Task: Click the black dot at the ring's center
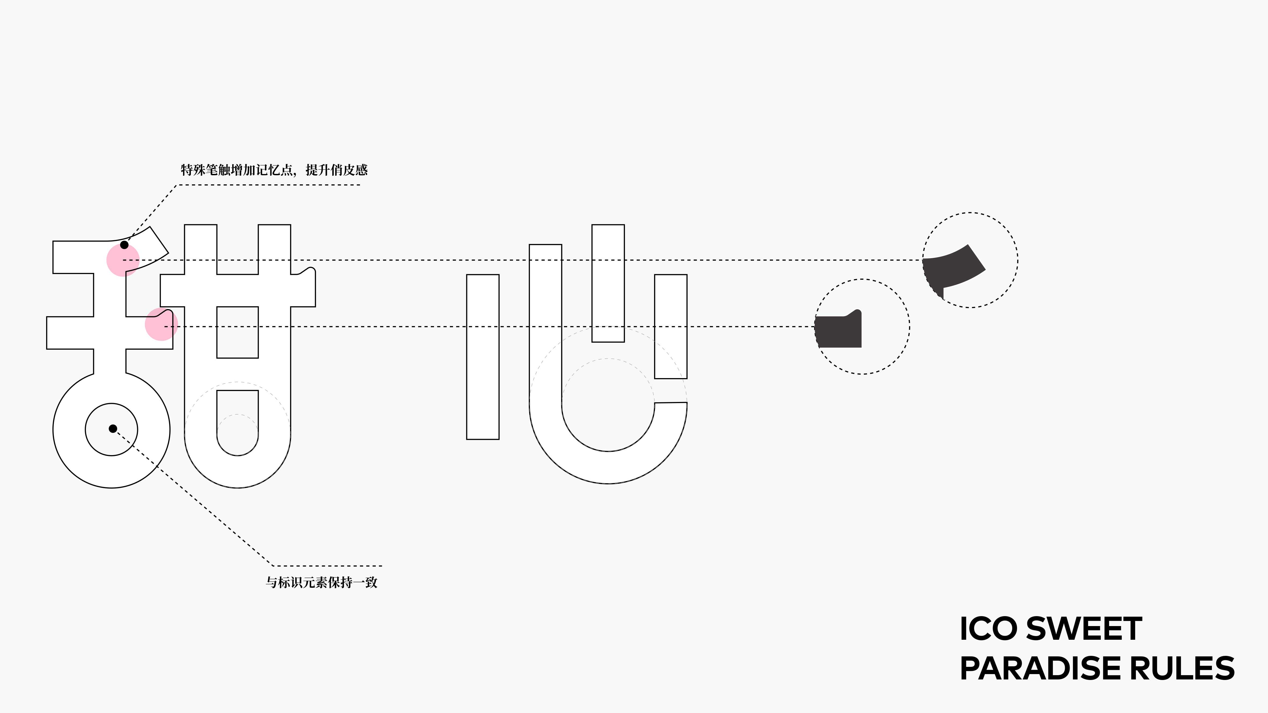[x=113, y=429]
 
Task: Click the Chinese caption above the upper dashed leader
[x=274, y=170]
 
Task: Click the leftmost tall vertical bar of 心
[x=482, y=357]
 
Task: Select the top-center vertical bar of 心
[x=608, y=283]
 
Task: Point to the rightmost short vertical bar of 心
[x=671, y=326]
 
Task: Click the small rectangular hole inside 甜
[x=237, y=332]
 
